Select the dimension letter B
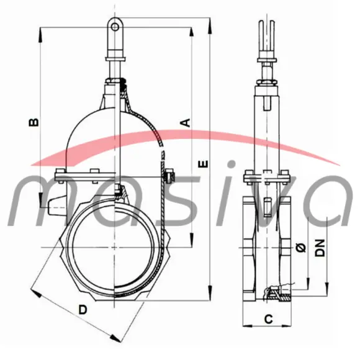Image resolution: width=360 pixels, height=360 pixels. tap(35, 122)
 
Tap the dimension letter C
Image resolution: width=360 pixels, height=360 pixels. tap(268, 319)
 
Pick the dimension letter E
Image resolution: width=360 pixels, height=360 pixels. tap(202, 163)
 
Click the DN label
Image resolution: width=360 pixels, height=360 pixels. tap(320, 248)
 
